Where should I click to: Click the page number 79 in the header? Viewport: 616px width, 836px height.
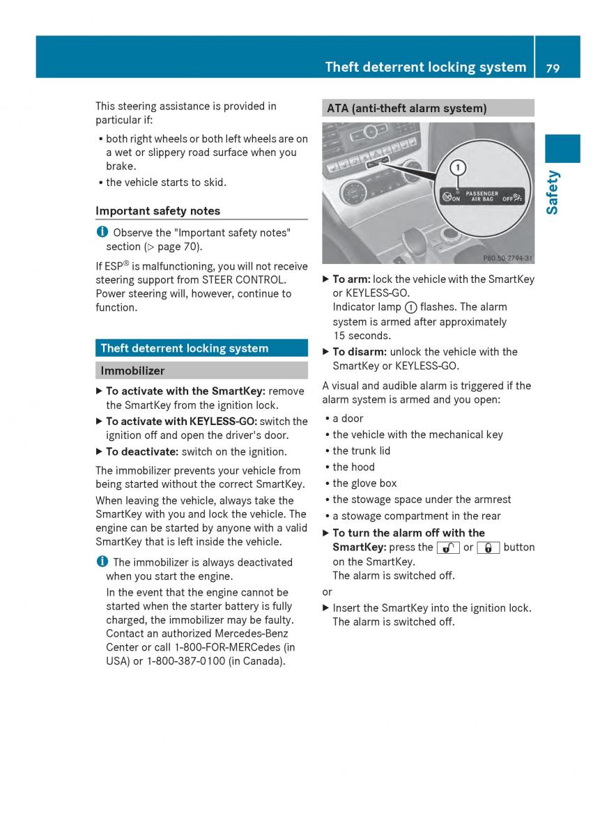pos(553,68)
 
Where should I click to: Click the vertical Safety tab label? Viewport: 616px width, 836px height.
pos(553,192)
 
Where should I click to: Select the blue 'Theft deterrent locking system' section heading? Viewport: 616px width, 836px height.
pos(184,348)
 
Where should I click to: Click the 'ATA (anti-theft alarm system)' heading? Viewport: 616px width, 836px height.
pos(406,108)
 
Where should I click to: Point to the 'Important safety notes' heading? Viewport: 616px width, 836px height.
pos(157,210)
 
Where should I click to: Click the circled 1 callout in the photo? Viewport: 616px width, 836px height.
pos(456,167)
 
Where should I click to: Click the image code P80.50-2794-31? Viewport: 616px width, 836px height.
pos(507,258)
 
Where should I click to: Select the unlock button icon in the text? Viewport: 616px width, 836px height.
pos(448,548)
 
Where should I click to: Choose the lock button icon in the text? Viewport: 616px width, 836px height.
pos(488,548)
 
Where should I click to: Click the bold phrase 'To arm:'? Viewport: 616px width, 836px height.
pos(351,279)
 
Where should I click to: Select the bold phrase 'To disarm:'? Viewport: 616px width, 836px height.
pos(359,352)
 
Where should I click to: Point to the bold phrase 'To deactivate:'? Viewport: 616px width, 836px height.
pos(141,451)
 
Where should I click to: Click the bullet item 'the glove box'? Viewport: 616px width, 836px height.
pos(364,483)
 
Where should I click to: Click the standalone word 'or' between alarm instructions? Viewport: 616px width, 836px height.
pos(328,591)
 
